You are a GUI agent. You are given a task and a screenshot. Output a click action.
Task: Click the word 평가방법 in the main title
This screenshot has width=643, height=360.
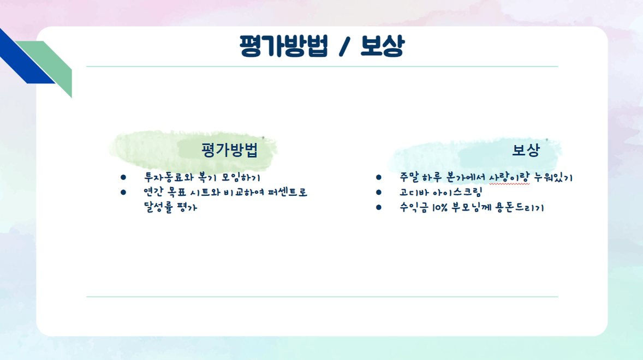click(x=284, y=46)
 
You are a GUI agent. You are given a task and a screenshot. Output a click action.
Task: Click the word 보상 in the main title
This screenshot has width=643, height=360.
click(x=383, y=46)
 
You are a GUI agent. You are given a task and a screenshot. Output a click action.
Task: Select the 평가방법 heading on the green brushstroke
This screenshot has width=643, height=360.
click(x=229, y=150)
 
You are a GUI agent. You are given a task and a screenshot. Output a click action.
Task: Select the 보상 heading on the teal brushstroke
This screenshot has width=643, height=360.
click(x=526, y=150)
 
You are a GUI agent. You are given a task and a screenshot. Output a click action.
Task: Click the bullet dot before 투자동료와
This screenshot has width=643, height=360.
click(x=123, y=177)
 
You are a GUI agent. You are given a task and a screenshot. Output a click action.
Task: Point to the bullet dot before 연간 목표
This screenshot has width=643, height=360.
click(x=123, y=192)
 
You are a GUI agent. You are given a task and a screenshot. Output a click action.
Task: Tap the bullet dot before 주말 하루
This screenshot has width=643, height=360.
click(x=378, y=177)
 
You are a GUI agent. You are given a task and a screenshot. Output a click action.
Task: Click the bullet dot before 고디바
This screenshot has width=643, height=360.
click(x=378, y=192)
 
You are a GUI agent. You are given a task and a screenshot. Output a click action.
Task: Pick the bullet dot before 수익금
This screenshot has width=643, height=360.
click(x=378, y=207)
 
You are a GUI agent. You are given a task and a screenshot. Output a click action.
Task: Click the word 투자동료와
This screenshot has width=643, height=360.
click(x=169, y=177)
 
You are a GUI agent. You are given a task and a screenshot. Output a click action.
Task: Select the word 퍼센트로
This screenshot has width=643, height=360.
click(x=288, y=192)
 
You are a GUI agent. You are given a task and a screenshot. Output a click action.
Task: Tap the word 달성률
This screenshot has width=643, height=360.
click(x=158, y=207)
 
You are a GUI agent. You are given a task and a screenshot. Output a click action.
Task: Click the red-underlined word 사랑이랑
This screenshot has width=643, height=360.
click(x=509, y=177)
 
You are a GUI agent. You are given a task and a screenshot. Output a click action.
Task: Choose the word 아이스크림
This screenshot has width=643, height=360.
click(x=457, y=192)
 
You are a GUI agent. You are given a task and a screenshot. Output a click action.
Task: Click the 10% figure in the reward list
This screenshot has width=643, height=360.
click(x=439, y=208)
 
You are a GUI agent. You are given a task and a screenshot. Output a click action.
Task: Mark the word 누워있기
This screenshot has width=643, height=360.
click(x=553, y=177)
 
